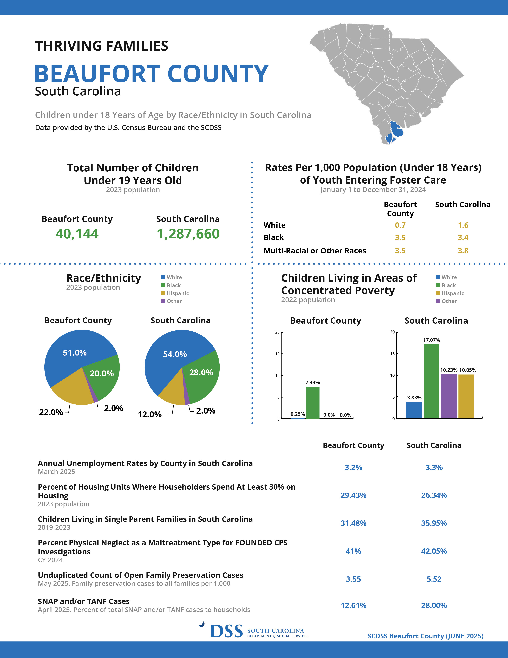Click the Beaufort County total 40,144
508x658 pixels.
(77, 234)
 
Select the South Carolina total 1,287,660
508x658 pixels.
(188, 234)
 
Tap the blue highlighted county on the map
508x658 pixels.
(397, 129)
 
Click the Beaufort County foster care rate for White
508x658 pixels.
(400, 225)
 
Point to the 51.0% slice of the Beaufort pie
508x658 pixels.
(75, 353)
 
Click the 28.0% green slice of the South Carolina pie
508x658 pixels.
(201, 373)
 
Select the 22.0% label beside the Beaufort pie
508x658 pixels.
(51, 412)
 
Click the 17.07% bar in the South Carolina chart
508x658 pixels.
(431, 381)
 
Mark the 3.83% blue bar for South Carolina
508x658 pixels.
(414, 410)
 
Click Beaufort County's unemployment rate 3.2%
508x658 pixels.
(353, 467)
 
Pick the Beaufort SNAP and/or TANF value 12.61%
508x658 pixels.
(353, 605)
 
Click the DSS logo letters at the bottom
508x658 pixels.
(226, 631)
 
